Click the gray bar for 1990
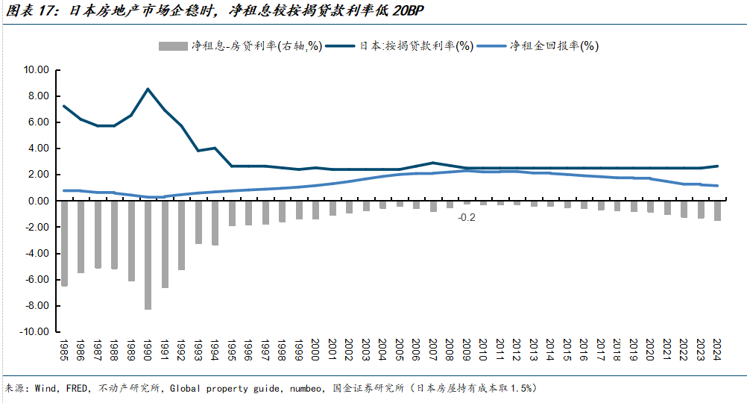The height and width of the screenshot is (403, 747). pos(148,254)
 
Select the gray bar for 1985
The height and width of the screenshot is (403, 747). pos(64,243)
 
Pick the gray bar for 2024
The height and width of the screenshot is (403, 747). pos(717,210)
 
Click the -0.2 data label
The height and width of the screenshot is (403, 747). pos(467,217)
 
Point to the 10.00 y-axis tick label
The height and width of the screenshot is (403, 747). pos(36,70)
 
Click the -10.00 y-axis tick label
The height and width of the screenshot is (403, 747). pos(34,331)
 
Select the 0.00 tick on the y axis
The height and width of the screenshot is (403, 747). pos(38,201)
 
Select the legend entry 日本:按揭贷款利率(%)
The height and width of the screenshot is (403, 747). pos(406,46)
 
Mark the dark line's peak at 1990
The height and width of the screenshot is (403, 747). pos(148,89)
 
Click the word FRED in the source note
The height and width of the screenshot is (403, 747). pos(75,388)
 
